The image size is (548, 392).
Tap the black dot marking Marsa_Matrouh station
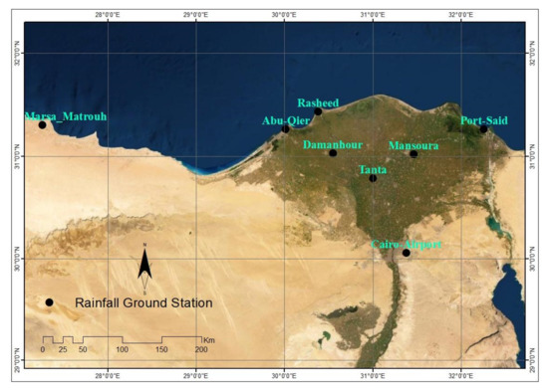click(43, 124)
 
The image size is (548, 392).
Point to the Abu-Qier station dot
click(286, 128)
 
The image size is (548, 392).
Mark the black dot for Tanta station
click(373, 178)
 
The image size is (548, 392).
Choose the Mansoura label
click(412, 145)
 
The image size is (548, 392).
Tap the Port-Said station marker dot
click(484, 128)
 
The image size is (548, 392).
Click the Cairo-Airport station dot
click(407, 253)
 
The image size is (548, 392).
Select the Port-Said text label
click(484, 119)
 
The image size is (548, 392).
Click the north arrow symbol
click(144, 263)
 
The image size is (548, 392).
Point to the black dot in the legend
click(48, 302)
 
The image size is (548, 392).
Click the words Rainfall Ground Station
click(143, 302)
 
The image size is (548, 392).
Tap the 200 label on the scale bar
click(201, 350)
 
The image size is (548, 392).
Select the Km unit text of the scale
click(209, 339)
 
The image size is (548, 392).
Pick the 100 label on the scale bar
click(123, 350)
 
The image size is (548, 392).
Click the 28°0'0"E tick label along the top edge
click(108, 15)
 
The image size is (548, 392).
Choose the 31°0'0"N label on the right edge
click(533, 155)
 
